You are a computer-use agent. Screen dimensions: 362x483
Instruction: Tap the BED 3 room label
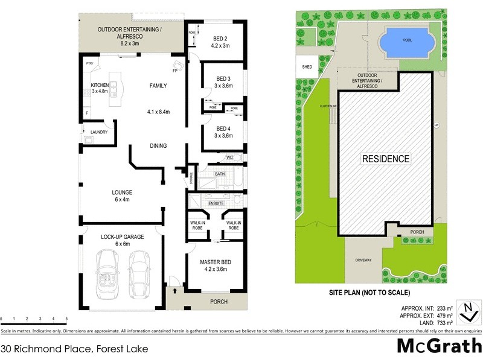[x=223, y=79]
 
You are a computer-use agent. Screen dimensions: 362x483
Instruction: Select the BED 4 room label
[x=223, y=129]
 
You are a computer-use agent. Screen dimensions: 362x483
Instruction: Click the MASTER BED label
[x=216, y=262]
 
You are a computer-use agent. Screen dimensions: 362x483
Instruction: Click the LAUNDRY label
[x=98, y=132]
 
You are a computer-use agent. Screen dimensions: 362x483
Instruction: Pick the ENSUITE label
[x=216, y=203]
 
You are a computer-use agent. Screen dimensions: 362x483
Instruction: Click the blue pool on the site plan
[x=401, y=42]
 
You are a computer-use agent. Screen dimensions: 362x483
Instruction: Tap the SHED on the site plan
[x=307, y=66]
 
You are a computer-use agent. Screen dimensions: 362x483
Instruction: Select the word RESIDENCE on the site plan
[x=385, y=159]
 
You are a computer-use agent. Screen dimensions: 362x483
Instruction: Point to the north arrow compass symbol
[x=467, y=311]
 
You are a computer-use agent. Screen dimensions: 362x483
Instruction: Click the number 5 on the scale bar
[x=66, y=319]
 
